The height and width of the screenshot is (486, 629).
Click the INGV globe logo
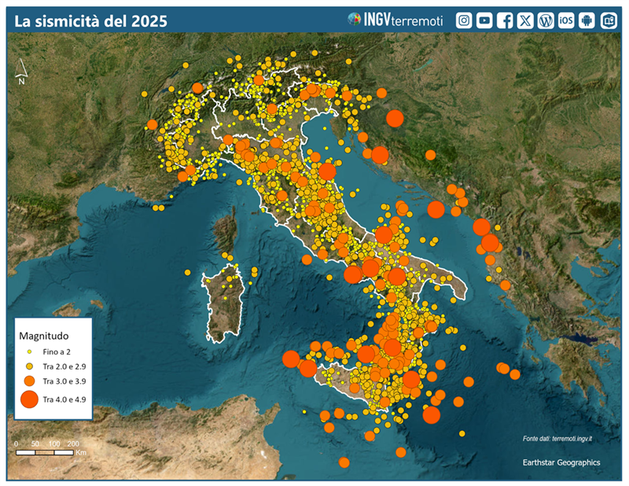354,18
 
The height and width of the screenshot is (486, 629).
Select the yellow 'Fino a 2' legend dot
29,352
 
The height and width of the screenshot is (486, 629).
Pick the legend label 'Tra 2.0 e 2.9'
68,366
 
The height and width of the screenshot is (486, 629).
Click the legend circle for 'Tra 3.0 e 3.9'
29,381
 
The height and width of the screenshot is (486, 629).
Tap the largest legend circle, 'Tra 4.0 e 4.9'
29,399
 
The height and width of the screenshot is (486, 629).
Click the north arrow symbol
21,72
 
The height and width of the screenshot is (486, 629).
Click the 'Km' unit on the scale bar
81,454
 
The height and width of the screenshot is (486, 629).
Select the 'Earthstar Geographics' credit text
561,462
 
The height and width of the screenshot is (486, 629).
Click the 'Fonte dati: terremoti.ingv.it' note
557,438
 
